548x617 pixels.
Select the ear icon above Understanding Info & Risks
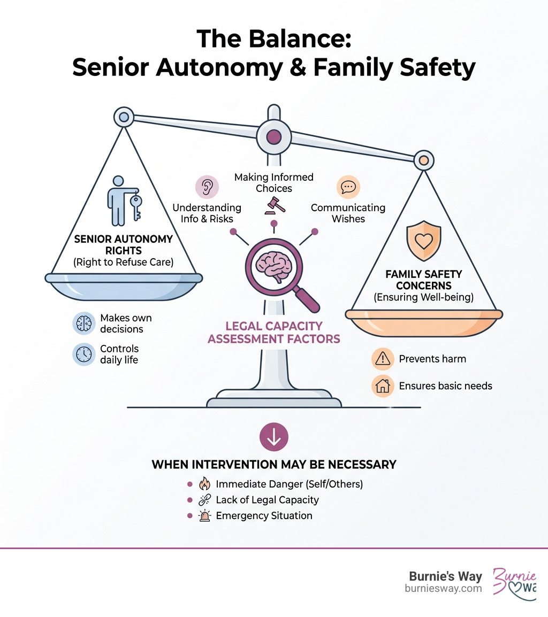pos(207,187)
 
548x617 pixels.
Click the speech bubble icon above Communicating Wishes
pos(348,187)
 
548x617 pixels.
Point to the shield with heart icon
pos(423,241)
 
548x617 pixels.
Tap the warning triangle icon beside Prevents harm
pos(383,359)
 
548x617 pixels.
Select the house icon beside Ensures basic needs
pos(383,385)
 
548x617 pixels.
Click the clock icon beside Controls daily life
pos(84,354)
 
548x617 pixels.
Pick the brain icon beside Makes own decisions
pos(84,323)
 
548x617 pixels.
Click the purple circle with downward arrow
pos(273,437)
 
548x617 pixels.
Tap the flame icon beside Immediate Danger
pos(204,484)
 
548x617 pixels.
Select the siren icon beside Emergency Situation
pos(204,516)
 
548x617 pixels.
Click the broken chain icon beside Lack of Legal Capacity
pos(204,500)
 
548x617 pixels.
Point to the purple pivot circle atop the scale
pos(273,136)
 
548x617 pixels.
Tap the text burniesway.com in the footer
pos(443,589)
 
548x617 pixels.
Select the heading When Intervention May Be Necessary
pos(273,464)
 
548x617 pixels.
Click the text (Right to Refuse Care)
pos(124,262)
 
